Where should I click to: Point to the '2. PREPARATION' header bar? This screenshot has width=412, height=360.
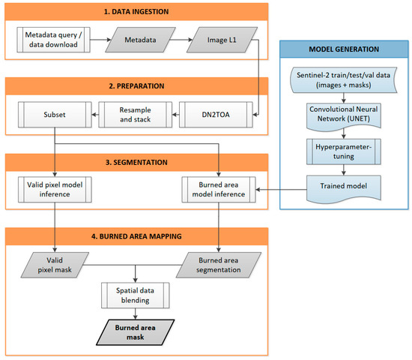pyautogui.click(x=136, y=85)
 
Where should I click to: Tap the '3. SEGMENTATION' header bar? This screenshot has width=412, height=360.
pyautogui.click(x=136, y=161)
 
